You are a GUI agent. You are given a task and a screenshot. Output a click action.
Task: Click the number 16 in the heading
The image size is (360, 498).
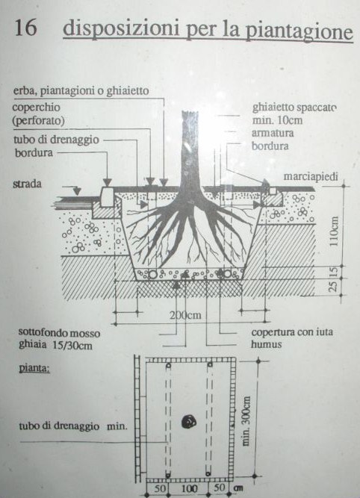(x=25, y=27)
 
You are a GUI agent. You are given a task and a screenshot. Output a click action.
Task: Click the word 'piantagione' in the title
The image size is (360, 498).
(x=299, y=31)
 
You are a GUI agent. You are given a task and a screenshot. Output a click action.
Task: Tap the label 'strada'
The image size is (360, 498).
(x=27, y=184)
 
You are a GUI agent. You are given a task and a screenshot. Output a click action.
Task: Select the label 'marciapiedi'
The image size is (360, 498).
(x=311, y=177)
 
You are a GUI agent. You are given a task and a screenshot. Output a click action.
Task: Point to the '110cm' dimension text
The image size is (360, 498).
(x=334, y=231)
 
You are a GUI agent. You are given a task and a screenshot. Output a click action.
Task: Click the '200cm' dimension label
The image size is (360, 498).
(x=185, y=315)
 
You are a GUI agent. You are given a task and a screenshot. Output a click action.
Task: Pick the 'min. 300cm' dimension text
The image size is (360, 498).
(x=246, y=421)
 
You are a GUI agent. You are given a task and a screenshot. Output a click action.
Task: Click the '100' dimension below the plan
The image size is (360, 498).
(x=189, y=488)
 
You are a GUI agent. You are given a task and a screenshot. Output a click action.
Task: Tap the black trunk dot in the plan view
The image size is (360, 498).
(x=189, y=421)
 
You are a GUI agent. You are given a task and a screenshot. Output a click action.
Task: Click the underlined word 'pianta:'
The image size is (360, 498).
(x=34, y=369)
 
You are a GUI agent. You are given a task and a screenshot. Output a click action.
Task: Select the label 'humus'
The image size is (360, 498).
(x=267, y=345)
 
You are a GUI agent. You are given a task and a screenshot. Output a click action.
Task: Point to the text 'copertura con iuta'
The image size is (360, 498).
(x=292, y=332)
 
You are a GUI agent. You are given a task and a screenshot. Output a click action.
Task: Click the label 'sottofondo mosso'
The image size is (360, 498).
(x=59, y=333)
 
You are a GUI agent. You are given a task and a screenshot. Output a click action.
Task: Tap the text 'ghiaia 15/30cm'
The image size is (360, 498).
(x=55, y=345)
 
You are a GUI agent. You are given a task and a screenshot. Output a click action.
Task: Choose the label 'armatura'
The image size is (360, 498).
(x=273, y=133)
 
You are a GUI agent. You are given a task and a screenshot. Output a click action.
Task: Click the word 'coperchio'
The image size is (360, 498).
(x=36, y=107)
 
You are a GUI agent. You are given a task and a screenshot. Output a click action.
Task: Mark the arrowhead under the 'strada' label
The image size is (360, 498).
(x=77, y=191)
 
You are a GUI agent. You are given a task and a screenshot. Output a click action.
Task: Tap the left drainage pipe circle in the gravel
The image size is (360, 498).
(x=153, y=274)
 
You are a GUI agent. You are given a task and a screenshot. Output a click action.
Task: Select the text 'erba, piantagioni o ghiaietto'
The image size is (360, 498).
(x=81, y=91)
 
